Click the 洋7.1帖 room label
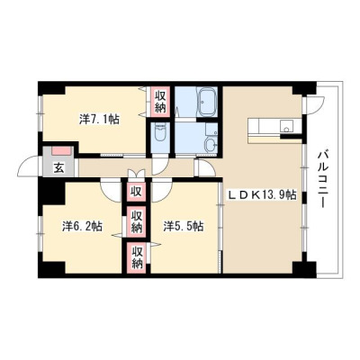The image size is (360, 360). pos(99,120)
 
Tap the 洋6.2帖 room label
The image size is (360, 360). pos(83,226)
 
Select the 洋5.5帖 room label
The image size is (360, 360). pos(184,226)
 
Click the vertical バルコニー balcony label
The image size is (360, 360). pos(323,179)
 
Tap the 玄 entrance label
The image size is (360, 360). pos(58,169)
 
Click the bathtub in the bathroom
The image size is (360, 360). pos(207,102)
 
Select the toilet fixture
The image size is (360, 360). pos(160,132)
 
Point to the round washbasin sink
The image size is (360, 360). pos(211,146)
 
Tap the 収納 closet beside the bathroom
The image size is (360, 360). pos(160,101)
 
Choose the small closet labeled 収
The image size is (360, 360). pos(136,191)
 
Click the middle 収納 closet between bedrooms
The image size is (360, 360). pos(137,221)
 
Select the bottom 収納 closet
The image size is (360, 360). pos(137,257)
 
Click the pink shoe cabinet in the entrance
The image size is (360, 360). pos(62,151)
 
